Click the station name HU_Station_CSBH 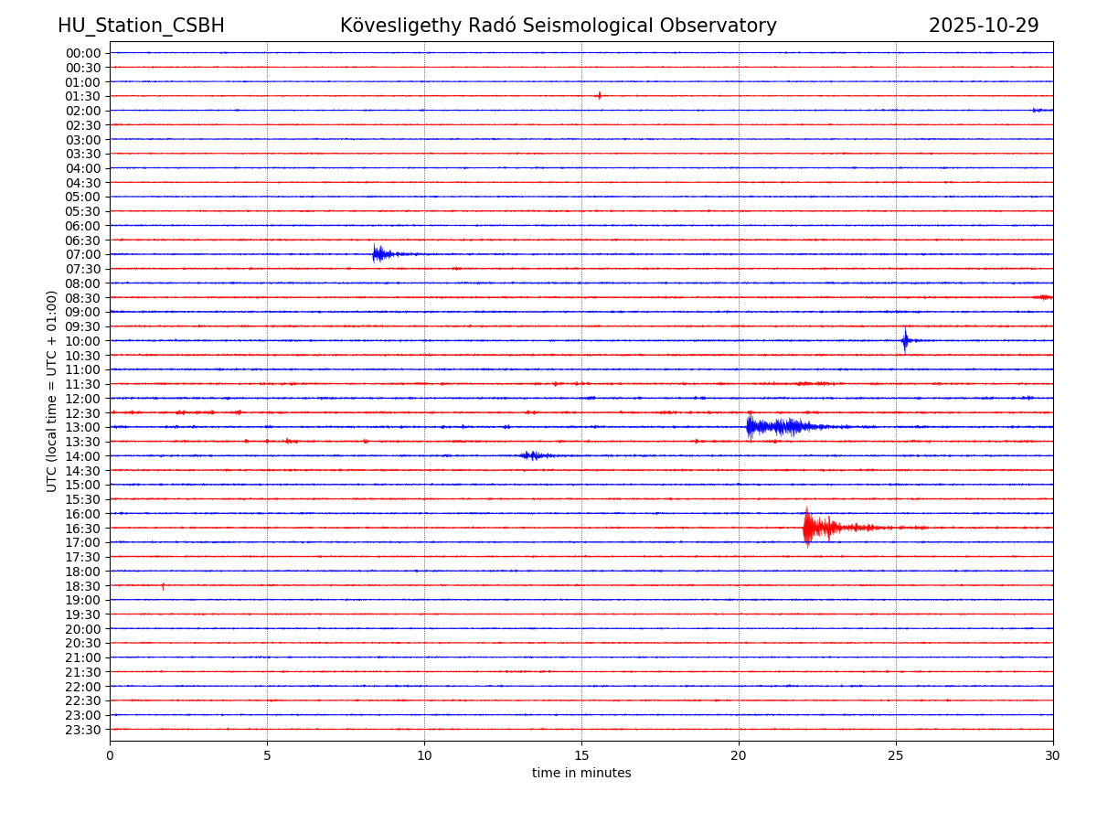point(141,26)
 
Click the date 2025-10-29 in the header point(984,26)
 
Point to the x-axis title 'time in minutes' point(581,774)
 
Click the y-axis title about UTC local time point(52,391)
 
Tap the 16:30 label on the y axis point(82,529)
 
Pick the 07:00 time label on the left point(82,254)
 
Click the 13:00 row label point(82,427)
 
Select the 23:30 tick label point(82,730)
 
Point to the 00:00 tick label point(82,53)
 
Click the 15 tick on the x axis point(581,756)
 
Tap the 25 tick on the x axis point(896,756)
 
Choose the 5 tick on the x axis point(267,756)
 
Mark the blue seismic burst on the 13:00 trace point(777,426)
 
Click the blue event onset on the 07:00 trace point(376,253)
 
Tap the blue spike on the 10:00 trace point(905,340)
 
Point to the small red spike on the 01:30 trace point(600,95)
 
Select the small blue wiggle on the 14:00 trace point(532,455)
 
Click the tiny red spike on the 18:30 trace point(163,585)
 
